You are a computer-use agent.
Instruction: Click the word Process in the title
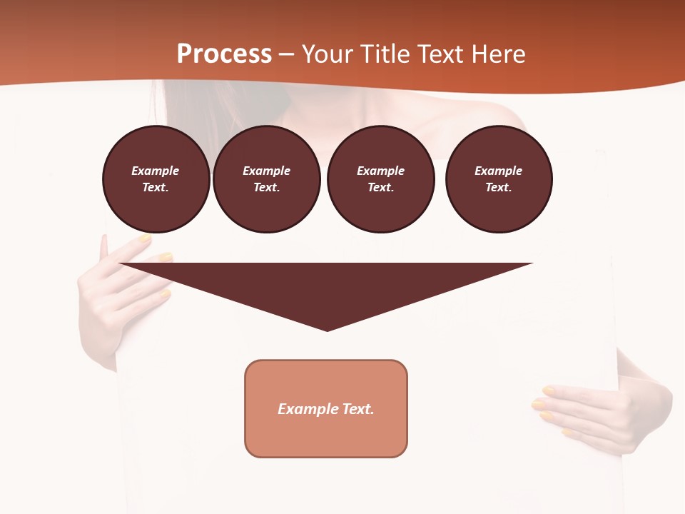pos(224,54)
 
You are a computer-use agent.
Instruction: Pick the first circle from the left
pos(156,179)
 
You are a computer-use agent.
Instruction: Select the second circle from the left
pos(267,179)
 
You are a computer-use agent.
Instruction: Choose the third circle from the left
pos(381,179)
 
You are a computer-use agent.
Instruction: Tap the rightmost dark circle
pos(499,179)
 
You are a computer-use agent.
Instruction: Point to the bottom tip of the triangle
pos(327,330)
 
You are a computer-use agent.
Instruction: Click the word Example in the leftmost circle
pos(156,171)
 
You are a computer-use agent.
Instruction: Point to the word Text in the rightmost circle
pos(498,187)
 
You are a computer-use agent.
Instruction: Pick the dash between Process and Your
pos(286,54)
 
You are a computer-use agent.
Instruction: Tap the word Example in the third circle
pos(381,171)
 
